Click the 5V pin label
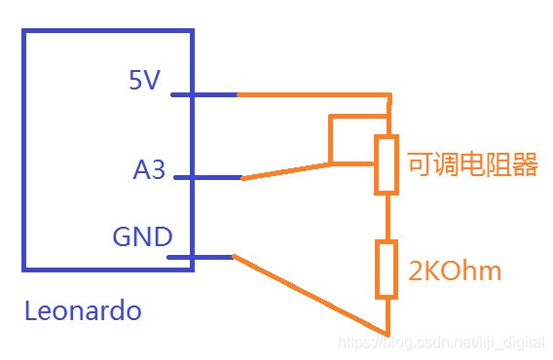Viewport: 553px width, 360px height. pyautogui.click(x=145, y=80)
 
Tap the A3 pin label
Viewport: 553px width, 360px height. pyautogui.click(x=149, y=169)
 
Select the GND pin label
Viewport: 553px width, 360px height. pyautogui.click(x=142, y=236)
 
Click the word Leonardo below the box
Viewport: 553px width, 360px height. pyautogui.click(x=83, y=310)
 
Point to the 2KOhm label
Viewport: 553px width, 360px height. pyautogui.click(x=455, y=271)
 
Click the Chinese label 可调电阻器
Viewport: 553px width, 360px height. pyautogui.click(x=472, y=164)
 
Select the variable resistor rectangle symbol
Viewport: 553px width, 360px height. pyautogui.click(x=387, y=164)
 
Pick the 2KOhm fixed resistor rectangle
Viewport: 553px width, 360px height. pyautogui.click(x=387, y=270)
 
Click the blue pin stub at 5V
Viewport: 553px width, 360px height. pyautogui.click(x=203, y=94)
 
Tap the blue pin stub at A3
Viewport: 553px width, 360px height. pyautogui.click(x=207, y=177)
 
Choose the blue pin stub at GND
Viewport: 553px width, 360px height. pyautogui.click(x=200, y=258)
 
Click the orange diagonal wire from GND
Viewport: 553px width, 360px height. pyautogui.click(x=311, y=296)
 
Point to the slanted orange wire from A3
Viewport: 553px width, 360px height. pyautogui.click(x=285, y=171)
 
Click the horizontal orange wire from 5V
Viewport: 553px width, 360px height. pyautogui.click(x=313, y=94)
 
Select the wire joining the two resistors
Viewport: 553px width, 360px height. pyautogui.click(x=387, y=217)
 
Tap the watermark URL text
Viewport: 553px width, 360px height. pyautogui.click(x=441, y=342)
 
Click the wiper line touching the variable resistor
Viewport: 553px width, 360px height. pyautogui.click(x=352, y=163)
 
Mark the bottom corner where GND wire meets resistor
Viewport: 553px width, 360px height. pyautogui.click(x=387, y=335)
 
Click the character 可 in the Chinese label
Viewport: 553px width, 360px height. pyautogui.click(x=421, y=164)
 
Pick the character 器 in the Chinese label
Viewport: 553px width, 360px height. pyautogui.click(x=525, y=164)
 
